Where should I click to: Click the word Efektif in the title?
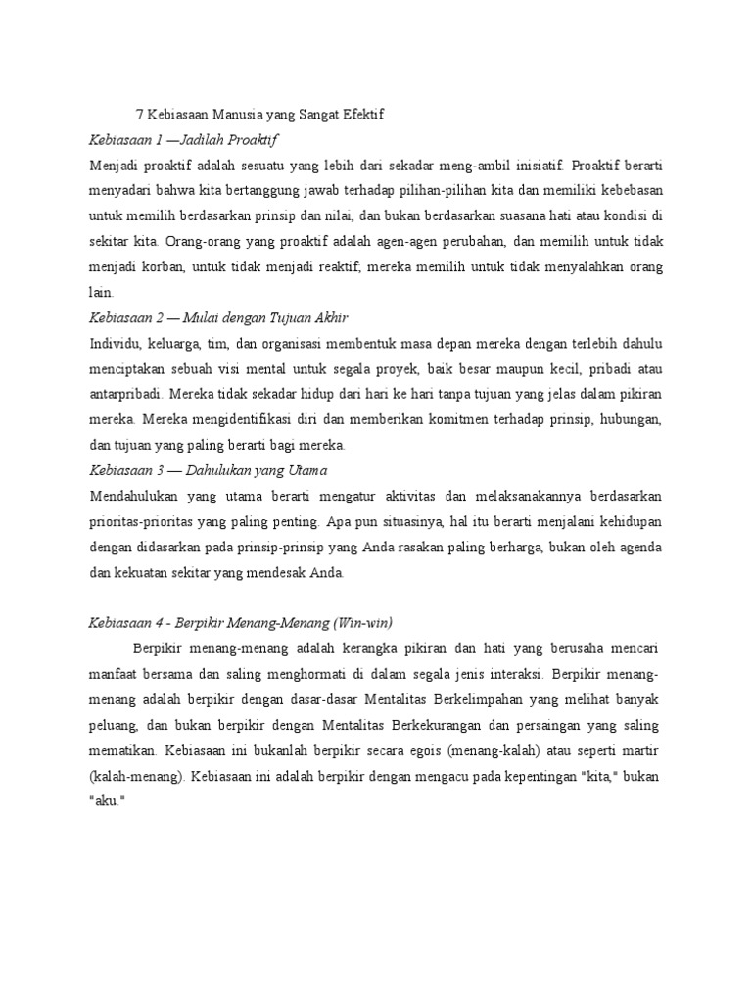[x=362, y=115]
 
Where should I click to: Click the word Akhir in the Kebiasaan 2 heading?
[x=328, y=317]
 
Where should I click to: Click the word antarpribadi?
[x=123, y=394]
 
